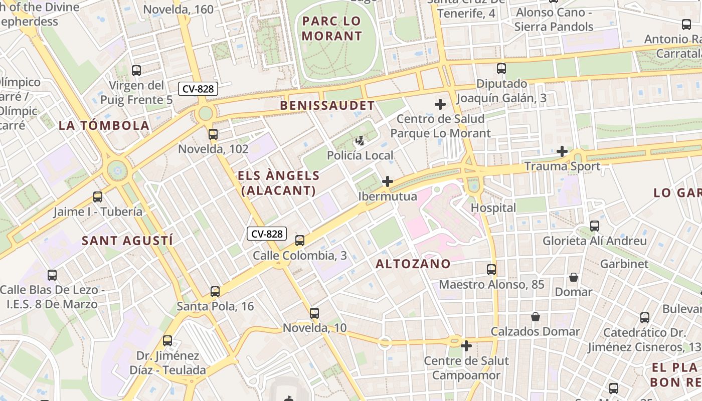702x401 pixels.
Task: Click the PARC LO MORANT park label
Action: click(x=331, y=29)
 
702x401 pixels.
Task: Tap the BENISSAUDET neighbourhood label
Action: click(x=327, y=106)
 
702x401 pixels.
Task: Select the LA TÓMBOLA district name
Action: click(x=104, y=126)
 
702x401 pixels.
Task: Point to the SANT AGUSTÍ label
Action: click(x=127, y=241)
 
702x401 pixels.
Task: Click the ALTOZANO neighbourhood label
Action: click(x=413, y=264)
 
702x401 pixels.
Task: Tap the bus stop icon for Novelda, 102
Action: click(x=213, y=134)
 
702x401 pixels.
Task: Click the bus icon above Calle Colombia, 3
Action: click(x=300, y=241)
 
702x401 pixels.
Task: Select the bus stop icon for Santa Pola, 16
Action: click(x=215, y=292)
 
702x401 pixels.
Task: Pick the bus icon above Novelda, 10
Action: click(x=314, y=313)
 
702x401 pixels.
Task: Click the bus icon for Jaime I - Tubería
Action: click(x=98, y=197)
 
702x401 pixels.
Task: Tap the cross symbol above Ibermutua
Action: click(x=388, y=181)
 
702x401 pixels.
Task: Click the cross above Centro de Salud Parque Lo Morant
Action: click(x=440, y=104)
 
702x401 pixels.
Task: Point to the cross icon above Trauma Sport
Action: click(x=562, y=151)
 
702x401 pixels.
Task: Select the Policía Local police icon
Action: click(x=360, y=141)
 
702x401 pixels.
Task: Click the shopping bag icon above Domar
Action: click(x=574, y=277)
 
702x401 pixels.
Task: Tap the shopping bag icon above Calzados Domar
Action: click(x=536, y=317)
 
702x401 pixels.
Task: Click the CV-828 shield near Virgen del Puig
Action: click(x=198, y=89)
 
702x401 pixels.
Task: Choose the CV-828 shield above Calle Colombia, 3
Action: click(x=267, y=234)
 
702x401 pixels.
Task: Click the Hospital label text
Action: click(x=493, y=208)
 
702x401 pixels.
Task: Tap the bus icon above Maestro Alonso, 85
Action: click(x=491, y=270)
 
